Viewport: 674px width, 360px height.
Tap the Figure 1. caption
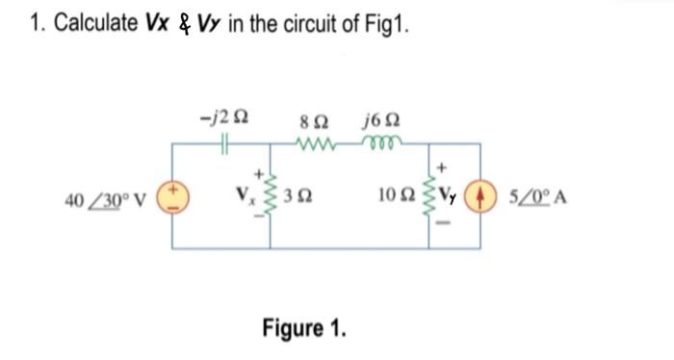click(x=303, y=328)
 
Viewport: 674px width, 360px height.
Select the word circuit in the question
click(x=324, y=25)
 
